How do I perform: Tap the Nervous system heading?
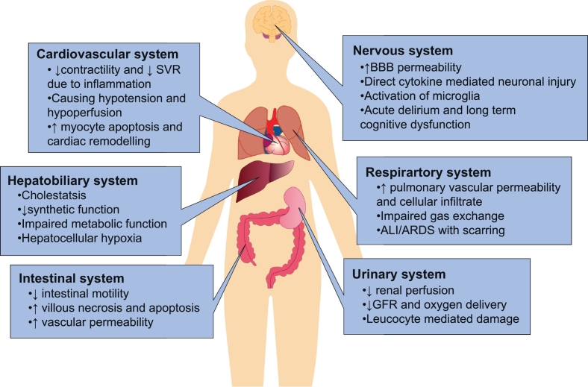pyautogui.click(x=402, y=51)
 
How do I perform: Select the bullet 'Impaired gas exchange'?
pyautogui.click(x=431, y=216)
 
